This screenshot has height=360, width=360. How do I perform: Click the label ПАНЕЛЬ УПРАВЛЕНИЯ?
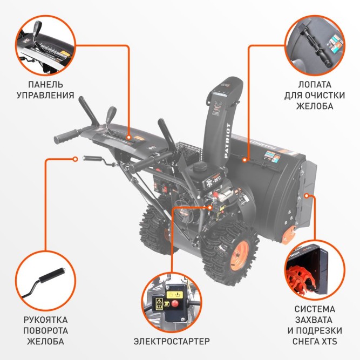click(x=48, y=90)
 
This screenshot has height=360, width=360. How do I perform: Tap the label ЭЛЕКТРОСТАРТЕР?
click(x=171, y=341)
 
